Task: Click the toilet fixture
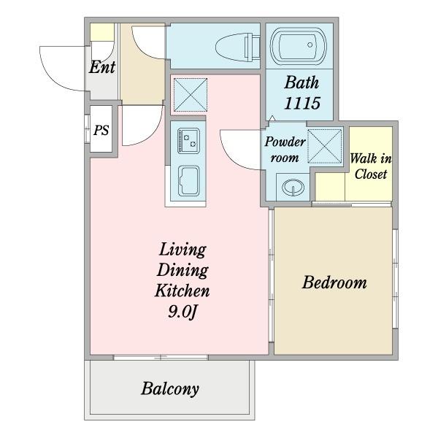pos(238,47)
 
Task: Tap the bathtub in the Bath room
pos(299,45)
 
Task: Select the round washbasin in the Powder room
pos(293,187)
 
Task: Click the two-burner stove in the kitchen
pos(188,140)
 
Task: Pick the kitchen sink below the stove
pos(188,181)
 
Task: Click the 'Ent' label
pos(102,67)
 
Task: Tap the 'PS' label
pos(101,130)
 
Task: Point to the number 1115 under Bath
pos(302,103)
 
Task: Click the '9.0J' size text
pos(182,312)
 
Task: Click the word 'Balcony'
pos(170,388)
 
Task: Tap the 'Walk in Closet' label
pos(371,166)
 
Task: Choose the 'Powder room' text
pos(285,150)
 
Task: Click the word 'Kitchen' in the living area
pos(182,291)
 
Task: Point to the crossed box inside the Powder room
pos(325,146)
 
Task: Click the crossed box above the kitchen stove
pos(191,95)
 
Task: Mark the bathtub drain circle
pos(310,45)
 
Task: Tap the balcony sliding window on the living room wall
pos(161,357)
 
